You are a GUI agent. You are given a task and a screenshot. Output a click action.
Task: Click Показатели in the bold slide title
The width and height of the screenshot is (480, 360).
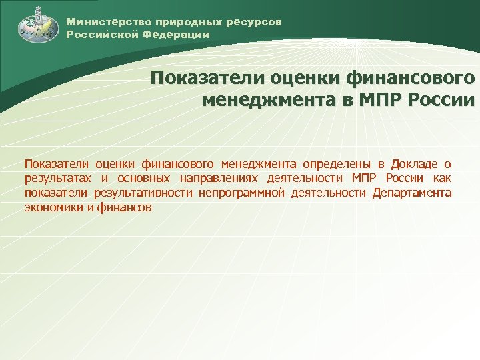click(x=207, y=79)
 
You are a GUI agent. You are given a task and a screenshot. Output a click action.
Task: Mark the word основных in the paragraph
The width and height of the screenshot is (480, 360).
click(x=143, y=179)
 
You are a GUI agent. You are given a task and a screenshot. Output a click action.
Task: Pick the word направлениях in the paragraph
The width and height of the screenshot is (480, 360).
click(x=217, y=179)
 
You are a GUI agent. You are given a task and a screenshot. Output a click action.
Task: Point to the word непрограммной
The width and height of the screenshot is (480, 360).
click(x=239, y=193)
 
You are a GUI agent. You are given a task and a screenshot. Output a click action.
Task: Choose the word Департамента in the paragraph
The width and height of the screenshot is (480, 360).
click(x=412, y=193)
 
